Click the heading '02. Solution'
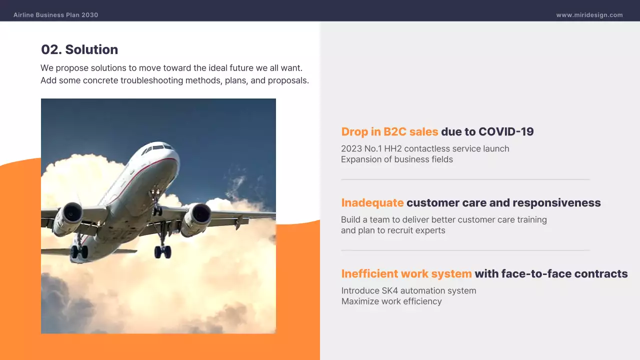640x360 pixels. [79, 49]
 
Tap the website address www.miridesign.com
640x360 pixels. [589, 15]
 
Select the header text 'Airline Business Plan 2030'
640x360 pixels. [56, 15]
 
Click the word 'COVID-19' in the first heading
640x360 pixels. [506, 132]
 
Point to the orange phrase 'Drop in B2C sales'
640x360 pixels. [389, 132]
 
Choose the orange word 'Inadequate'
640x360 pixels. [372, 203]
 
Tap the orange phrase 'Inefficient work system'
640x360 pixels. [406, 274]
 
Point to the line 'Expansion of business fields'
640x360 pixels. [397, 159]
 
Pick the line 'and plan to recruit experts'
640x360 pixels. [393, 230]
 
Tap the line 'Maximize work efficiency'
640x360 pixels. [391, 301]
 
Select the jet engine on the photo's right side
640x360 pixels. [197, 217]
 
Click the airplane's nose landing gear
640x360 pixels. [156, 205]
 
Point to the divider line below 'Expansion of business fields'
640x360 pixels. [465, 179]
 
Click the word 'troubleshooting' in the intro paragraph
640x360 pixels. [150, 80]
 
